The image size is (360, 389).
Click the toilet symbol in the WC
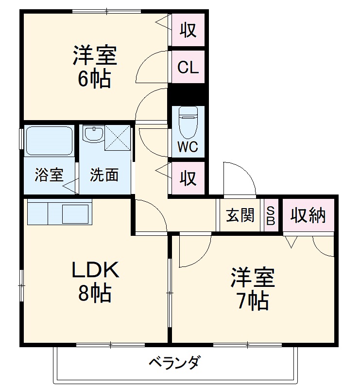tap(188, 123)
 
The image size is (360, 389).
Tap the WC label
tap(188, 147)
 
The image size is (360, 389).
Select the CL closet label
tap(188, 68)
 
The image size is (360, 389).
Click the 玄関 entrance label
tap(240, 215)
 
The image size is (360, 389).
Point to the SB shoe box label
tap(271, 215)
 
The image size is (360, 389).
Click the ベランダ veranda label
tap(174, 363)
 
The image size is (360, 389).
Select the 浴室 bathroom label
tap(49, 175)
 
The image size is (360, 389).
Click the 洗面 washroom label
tap(104, 175)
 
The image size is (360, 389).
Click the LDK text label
tap(96, 270)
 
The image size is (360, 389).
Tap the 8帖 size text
tap(95, 293)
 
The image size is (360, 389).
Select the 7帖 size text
tap(253, 301)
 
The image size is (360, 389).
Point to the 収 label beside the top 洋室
tap(188, 30)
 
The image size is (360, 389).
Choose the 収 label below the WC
tap(188, 178)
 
